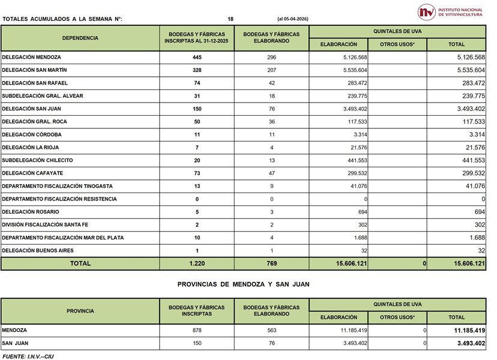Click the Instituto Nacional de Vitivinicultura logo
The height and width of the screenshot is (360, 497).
pos(451,11)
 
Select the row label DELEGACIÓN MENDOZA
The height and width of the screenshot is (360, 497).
pos(31,58)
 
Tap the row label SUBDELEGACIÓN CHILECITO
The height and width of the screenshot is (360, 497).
pos(37,160)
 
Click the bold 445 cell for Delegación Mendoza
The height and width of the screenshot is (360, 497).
pos(197,58)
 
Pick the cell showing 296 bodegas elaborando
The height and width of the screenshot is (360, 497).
pos(271,58)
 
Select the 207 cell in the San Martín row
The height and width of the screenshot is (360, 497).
pos(271,71)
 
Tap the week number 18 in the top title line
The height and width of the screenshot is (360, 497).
pos(230,19)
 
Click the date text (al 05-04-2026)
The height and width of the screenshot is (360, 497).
pos(293,19)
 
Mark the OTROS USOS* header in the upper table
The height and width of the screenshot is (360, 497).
pos(397,44)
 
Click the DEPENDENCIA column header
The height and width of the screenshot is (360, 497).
pos(80,38)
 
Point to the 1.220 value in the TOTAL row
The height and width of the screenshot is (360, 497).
pos(197,263)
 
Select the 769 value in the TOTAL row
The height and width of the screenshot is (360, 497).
pos(271,263)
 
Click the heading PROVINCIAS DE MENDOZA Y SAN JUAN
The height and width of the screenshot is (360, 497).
pos(243,284)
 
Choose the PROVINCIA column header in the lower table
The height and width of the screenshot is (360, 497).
pos(80,311)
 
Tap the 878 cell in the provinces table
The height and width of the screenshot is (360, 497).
pos(197,331)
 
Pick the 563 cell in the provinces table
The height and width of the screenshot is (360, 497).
pos(271,331)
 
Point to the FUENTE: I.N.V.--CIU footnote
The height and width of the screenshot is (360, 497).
pos(28,356)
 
